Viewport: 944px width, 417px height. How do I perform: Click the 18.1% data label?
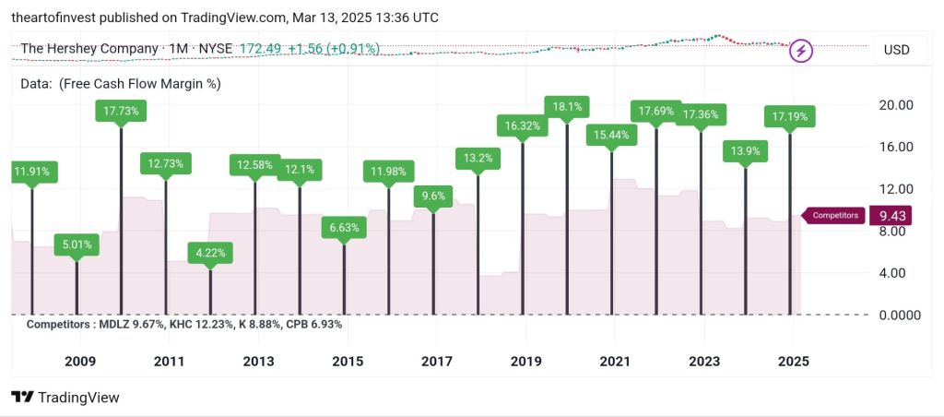pyautogui.click(x=567, y=107)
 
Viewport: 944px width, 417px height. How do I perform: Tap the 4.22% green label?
pyautogui.click(x=210, y=252)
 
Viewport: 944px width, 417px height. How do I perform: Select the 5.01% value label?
pyautogui.click(x=77, y=245)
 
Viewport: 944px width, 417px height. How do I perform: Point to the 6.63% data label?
pyautogui.click(x=344, y=227)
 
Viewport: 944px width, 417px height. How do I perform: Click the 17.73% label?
pyautogui.click(x=121, y=111)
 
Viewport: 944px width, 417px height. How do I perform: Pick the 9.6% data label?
pyautogui.click(x=433, y=196)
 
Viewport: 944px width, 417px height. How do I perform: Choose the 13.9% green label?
pyautogui.click(x=746, y=150)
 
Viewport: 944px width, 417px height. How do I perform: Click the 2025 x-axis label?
pyautogui.click(x=793, y=362)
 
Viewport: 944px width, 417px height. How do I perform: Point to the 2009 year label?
pyautogui.click(x=79, y=362)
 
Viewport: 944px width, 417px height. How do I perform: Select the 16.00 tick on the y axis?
pyautogui.click(x=893, y=147)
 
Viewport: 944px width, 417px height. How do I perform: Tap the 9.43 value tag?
pyautogui.click(x=890, y=216)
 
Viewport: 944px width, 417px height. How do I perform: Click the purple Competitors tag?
pyautogui.click(x=835, y=216)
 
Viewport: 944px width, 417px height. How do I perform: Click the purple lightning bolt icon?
pyautogui.click(x=801, y=51)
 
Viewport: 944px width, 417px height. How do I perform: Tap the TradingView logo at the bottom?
pyautogui.click(x=65, y=397)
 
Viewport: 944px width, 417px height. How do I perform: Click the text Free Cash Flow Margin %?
pyautogui.click(x=139, y=83)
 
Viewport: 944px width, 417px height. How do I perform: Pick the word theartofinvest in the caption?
pyautogui.click(x=51, y=18)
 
